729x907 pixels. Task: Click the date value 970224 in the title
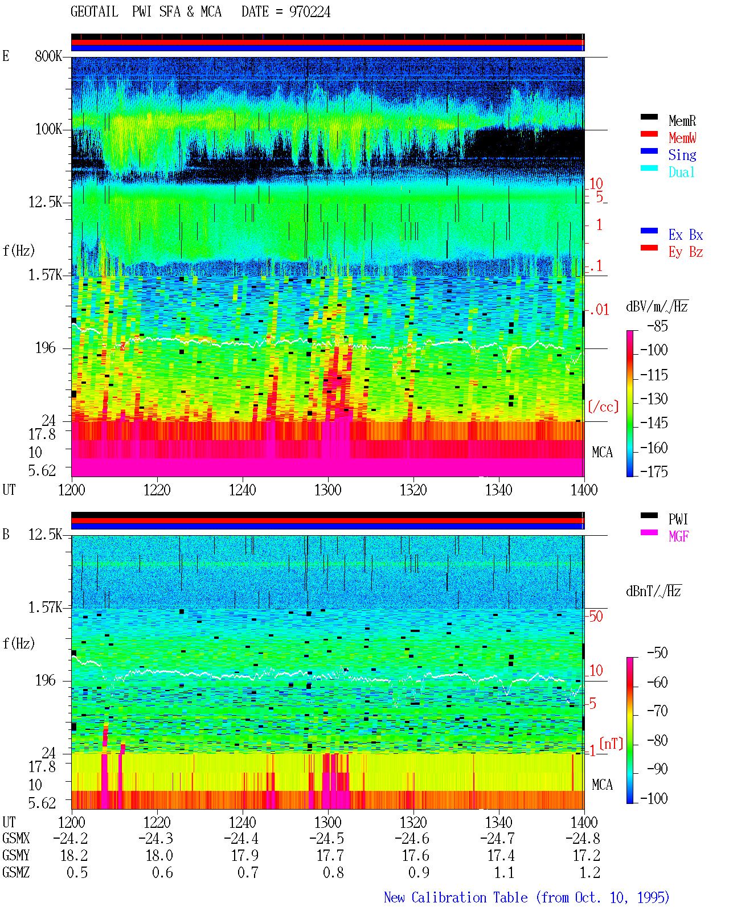point(309,12)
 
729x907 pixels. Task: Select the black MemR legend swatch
point(649,117)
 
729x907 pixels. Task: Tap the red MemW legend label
point(682,137)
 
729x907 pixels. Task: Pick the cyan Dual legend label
point(681,172)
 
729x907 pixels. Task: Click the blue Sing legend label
point(682,155)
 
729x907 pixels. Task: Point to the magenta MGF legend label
point(678,536)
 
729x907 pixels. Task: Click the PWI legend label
point(678,519)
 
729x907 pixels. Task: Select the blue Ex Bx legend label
point(686,235)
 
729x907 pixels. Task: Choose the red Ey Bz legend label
point(686,252)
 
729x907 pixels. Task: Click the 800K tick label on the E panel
point(48,56)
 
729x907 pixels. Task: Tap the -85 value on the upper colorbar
point(657,326)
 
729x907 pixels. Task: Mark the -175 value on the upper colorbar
point(654,471)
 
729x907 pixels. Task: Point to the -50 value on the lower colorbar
point(657,652)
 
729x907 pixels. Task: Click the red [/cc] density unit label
point(603,407)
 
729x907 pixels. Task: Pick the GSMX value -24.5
point(326,838)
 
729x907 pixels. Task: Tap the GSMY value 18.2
point(77,855)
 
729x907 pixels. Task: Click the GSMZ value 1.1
point(504,872)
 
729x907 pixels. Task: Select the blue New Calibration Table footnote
point(527,897)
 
